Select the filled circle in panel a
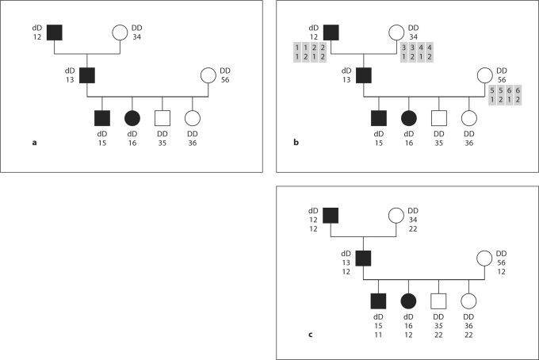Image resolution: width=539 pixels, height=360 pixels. click(x=132, y=118)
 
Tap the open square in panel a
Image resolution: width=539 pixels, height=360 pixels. click(x=162, y=118)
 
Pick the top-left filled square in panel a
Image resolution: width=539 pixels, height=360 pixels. click(x=55, y=33)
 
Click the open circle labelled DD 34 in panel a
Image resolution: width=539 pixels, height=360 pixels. click(x=119, y=33)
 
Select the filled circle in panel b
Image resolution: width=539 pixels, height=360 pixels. click(x=409, y=118)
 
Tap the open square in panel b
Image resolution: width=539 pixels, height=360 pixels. click(x=439, y=118)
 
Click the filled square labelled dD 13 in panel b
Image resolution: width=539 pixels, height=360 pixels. click(x=364, y=76)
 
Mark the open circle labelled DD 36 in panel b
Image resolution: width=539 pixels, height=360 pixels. click(x=468, y=118)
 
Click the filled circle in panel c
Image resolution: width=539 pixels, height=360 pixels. click(x=409, y=301)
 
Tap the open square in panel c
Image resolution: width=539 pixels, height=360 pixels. click(x=439, y=301)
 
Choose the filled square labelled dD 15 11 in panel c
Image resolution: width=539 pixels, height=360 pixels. click(x=378, y=301)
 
